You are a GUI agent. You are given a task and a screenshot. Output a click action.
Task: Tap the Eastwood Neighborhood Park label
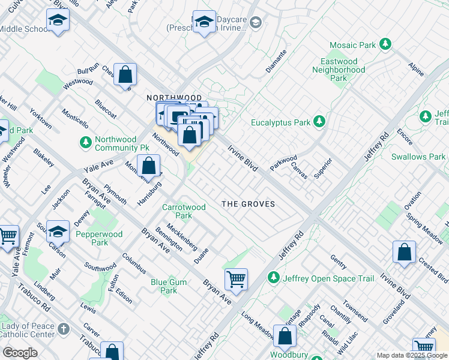[339, 70]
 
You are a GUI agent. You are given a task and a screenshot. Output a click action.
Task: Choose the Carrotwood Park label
[184, 211]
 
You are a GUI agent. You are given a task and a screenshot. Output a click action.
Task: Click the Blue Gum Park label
[164, 286]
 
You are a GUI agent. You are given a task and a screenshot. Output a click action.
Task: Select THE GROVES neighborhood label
[249, 204]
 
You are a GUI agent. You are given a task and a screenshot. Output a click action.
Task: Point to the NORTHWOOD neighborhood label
[174, 97]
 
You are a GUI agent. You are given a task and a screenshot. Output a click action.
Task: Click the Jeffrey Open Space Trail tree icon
[274, 278]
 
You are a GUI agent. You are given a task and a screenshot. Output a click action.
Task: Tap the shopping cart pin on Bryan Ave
[236, 278]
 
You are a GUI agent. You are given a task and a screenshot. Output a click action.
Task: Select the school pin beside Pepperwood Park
[58, 231]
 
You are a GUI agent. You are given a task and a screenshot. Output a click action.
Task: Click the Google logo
[20, 353]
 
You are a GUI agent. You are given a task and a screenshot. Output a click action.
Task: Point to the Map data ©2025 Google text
[412, 355]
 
